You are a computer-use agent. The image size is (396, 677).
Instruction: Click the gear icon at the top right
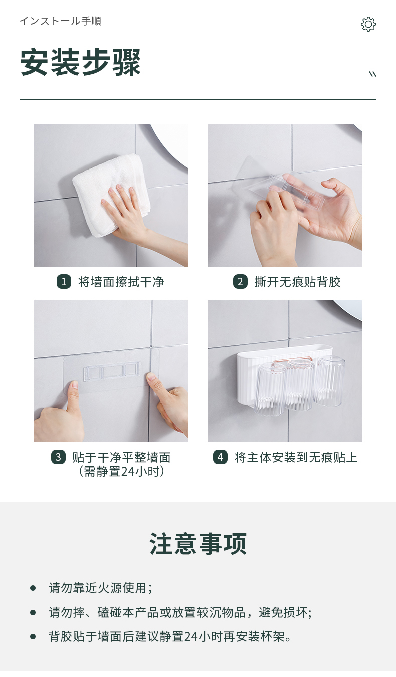(368, 24)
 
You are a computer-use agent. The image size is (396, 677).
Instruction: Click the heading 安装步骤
(80, 63)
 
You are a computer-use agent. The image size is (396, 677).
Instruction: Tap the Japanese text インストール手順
(61, 21)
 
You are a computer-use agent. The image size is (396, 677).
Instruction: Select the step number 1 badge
(64, 282)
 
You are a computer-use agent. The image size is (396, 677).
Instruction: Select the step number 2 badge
(240, 282)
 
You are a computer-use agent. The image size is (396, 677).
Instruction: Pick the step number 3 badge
(58, 457)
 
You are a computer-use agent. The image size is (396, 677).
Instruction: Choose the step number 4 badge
(220, 457)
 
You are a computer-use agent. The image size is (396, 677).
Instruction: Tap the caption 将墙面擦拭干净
(121, 282)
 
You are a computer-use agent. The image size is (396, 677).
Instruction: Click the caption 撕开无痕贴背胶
(298, 282)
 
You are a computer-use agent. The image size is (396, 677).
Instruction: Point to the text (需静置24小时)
(121, 472)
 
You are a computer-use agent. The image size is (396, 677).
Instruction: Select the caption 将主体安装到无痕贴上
(296, 457)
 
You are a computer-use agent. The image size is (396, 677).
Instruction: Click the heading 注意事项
(198, 544)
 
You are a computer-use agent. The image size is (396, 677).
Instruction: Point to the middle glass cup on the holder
(300, 384)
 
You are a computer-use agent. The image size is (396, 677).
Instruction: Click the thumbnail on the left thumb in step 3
(73, 385)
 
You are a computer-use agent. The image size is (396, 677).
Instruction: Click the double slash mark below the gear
(373, 74)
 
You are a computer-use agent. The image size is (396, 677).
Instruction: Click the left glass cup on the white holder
(270, 389)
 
